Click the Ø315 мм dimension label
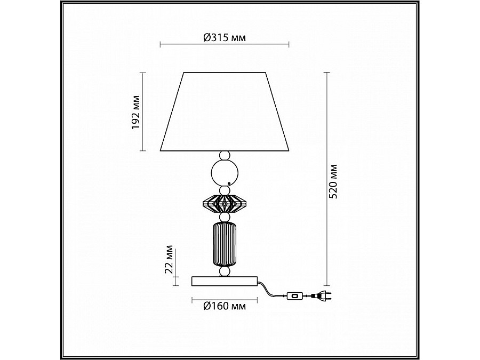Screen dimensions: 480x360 click(225, 38)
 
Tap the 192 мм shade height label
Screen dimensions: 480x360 click(135, 112)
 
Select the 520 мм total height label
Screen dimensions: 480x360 click(333, 181)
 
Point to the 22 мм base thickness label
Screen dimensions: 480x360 click(169, 259)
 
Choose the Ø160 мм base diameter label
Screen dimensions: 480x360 click(225, 306)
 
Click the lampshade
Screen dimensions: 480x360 click(225, 112)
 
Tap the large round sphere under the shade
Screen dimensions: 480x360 click(225, 173)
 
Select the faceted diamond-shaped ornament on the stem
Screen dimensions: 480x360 click(225, 203)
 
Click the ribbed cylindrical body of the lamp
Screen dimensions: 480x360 click(225, 244)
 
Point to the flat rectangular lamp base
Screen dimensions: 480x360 click(225, 281)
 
